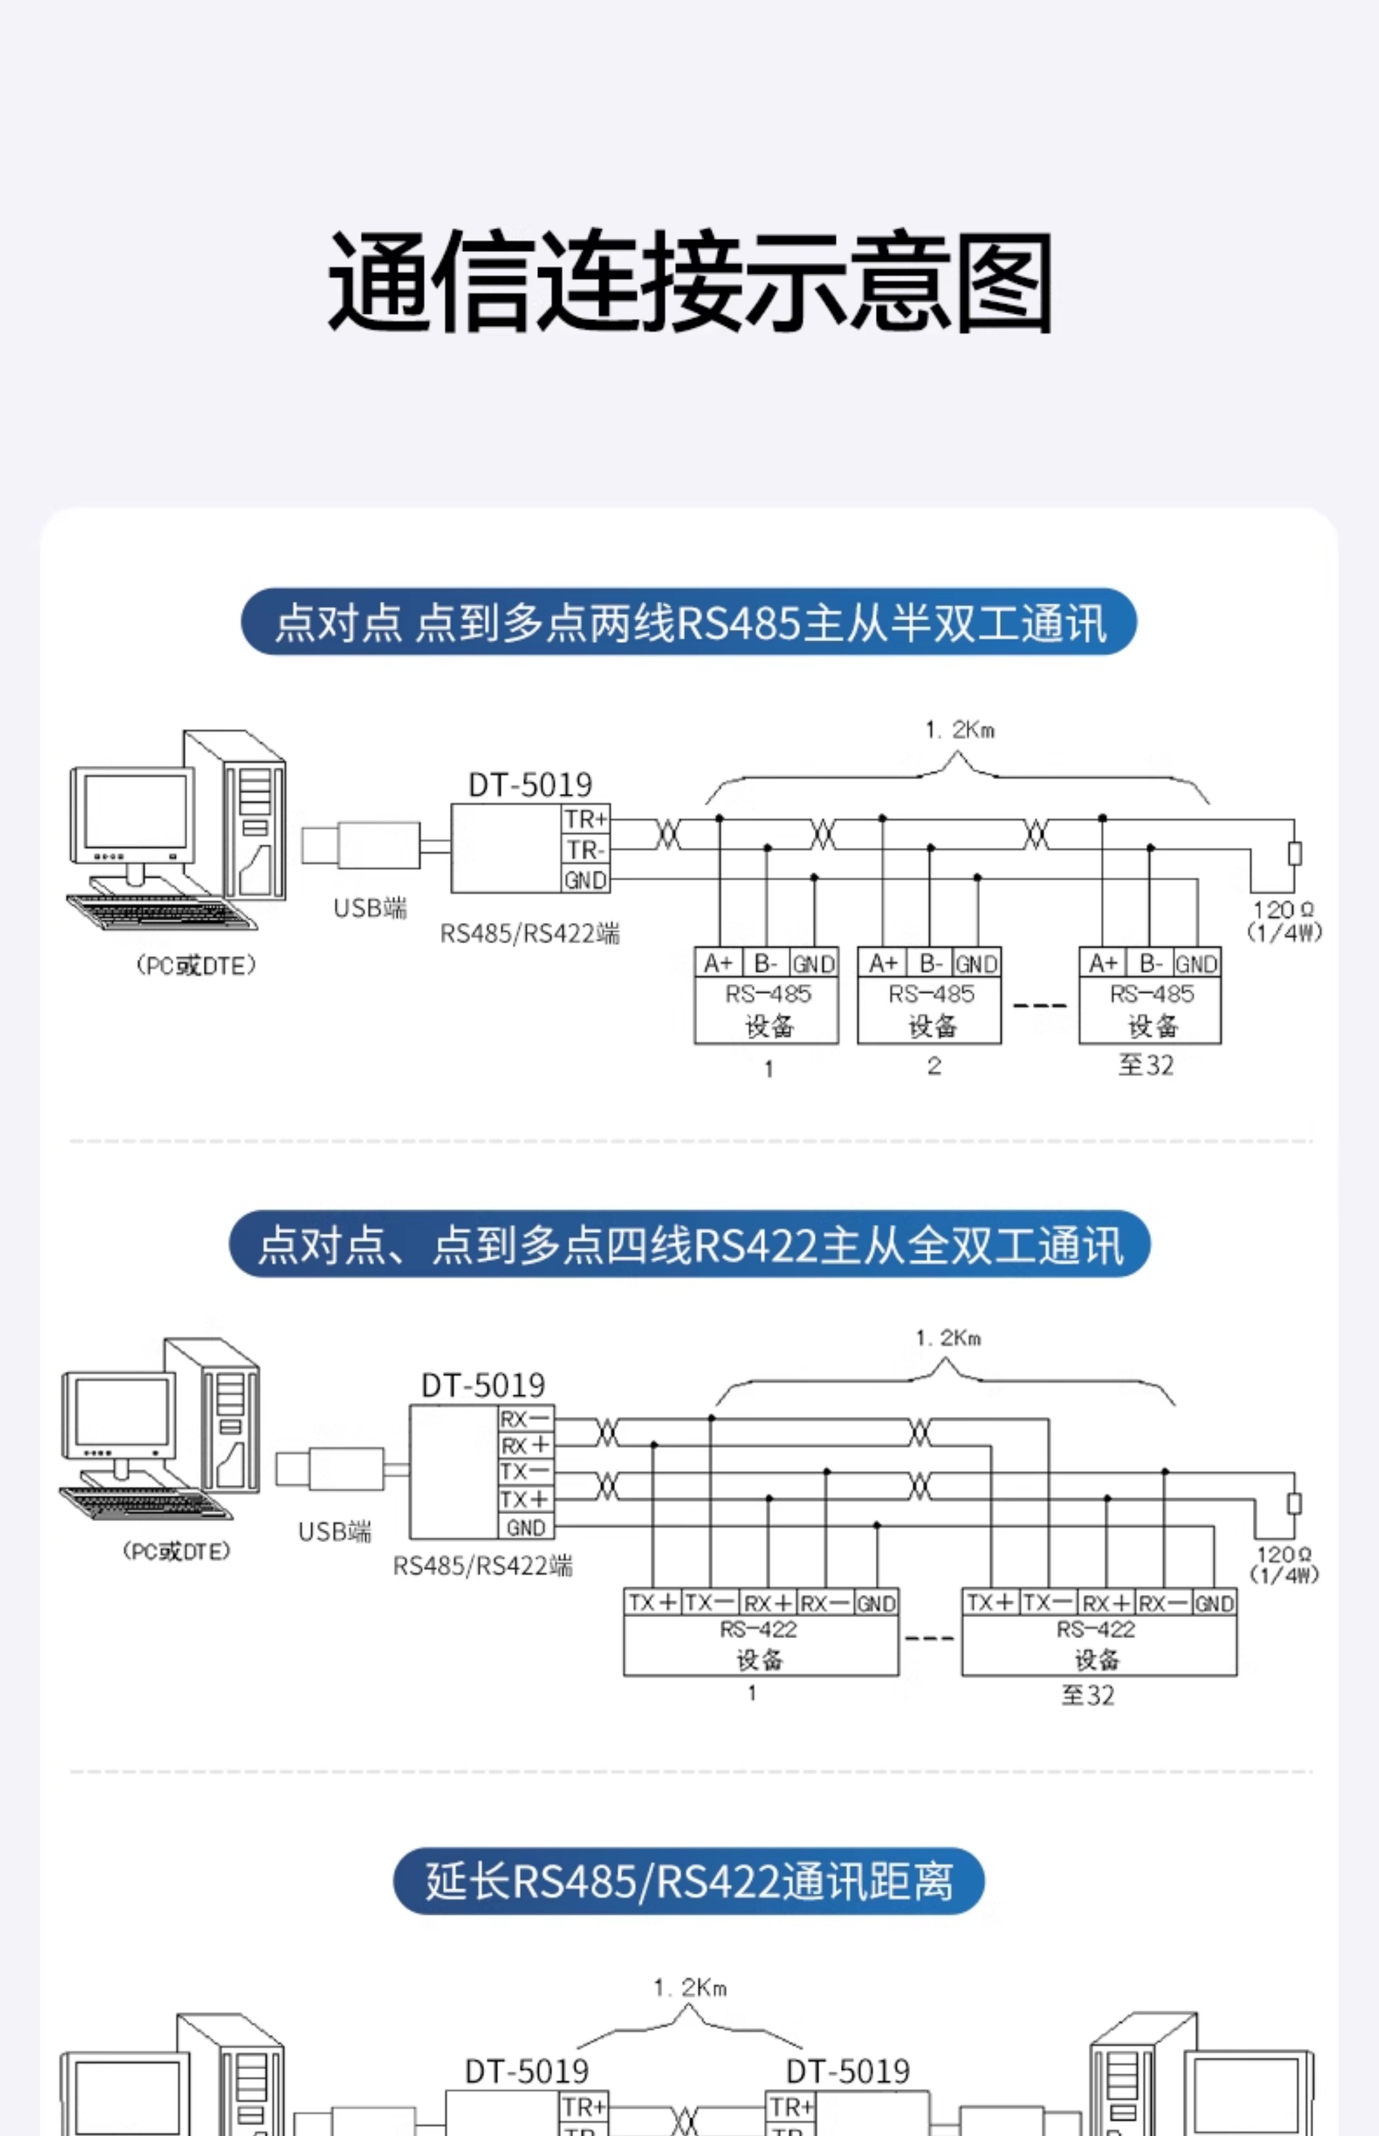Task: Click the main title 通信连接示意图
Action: click(x=689, y=282)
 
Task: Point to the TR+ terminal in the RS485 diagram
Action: click(x=586, y=819)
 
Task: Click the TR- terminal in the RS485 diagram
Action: click(x=586, y=849)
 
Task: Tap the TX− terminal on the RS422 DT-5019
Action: click(x=525, y=1471)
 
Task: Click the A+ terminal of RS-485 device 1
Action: click(x=718, y=963)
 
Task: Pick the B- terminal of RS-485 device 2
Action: click(x=930, y=963)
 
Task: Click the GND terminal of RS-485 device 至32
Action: click(x=1196, y=963)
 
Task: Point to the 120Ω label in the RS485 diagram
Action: click(x=1284, y=910)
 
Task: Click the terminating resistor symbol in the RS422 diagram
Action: click(x=1294, y=1502)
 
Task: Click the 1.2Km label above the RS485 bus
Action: click(x=960, y=730)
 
